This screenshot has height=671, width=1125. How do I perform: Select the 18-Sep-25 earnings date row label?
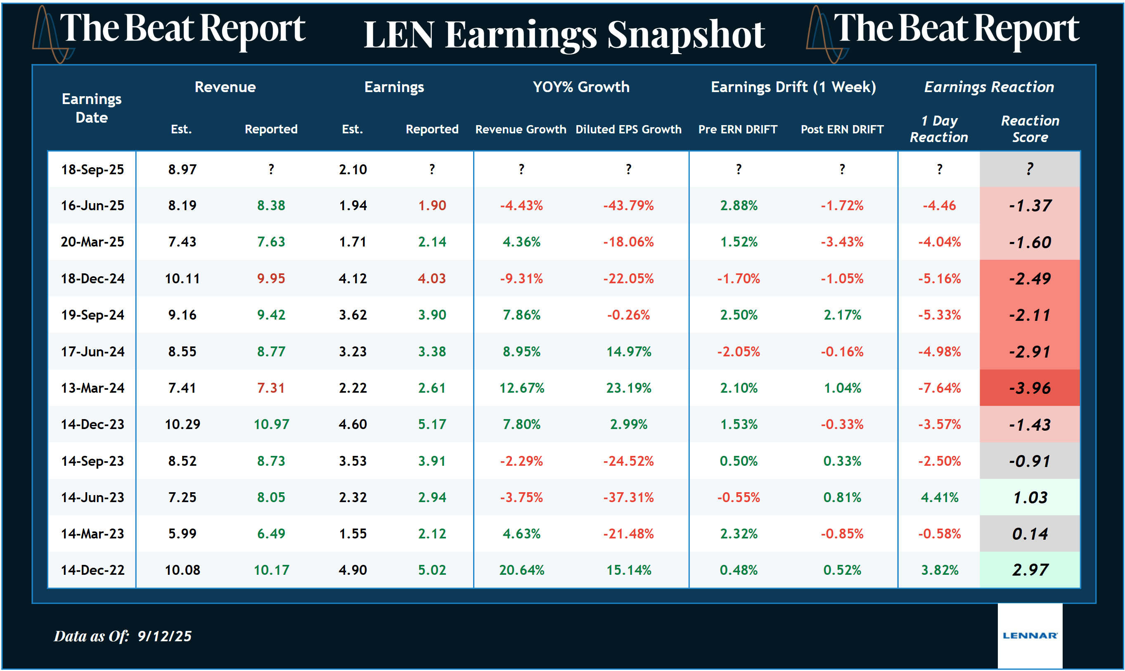(92, 170)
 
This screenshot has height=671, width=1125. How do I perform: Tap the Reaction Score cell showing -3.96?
(1030, 388)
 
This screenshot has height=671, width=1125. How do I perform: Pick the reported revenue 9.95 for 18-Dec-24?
(271, 279)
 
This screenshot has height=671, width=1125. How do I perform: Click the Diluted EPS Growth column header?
(628, 129)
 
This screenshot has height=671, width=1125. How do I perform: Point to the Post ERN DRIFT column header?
(842, 129)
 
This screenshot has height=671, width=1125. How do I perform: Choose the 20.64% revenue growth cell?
(521, 570)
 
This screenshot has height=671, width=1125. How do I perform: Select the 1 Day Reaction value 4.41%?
(939, 498)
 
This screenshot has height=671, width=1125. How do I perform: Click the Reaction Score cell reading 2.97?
(1030, 570)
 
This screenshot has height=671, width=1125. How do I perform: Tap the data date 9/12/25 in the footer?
(165, 636)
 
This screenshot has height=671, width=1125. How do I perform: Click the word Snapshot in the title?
(686, 35)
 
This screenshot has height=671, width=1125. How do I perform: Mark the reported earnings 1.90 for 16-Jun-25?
(432, 206)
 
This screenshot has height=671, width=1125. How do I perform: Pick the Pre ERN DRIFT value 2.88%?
(739, 206)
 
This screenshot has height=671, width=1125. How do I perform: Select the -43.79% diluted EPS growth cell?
(628, 206)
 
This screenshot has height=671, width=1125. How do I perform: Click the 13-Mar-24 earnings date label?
(92, 388)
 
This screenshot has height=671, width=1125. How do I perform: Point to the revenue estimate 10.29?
(182, 424)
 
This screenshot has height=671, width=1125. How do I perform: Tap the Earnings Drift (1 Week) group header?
(793, 87)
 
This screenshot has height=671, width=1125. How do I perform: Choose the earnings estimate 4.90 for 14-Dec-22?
(353, 570)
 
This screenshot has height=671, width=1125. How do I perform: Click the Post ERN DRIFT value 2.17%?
(842, 315)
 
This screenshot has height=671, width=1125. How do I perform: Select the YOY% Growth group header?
(581, 87)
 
